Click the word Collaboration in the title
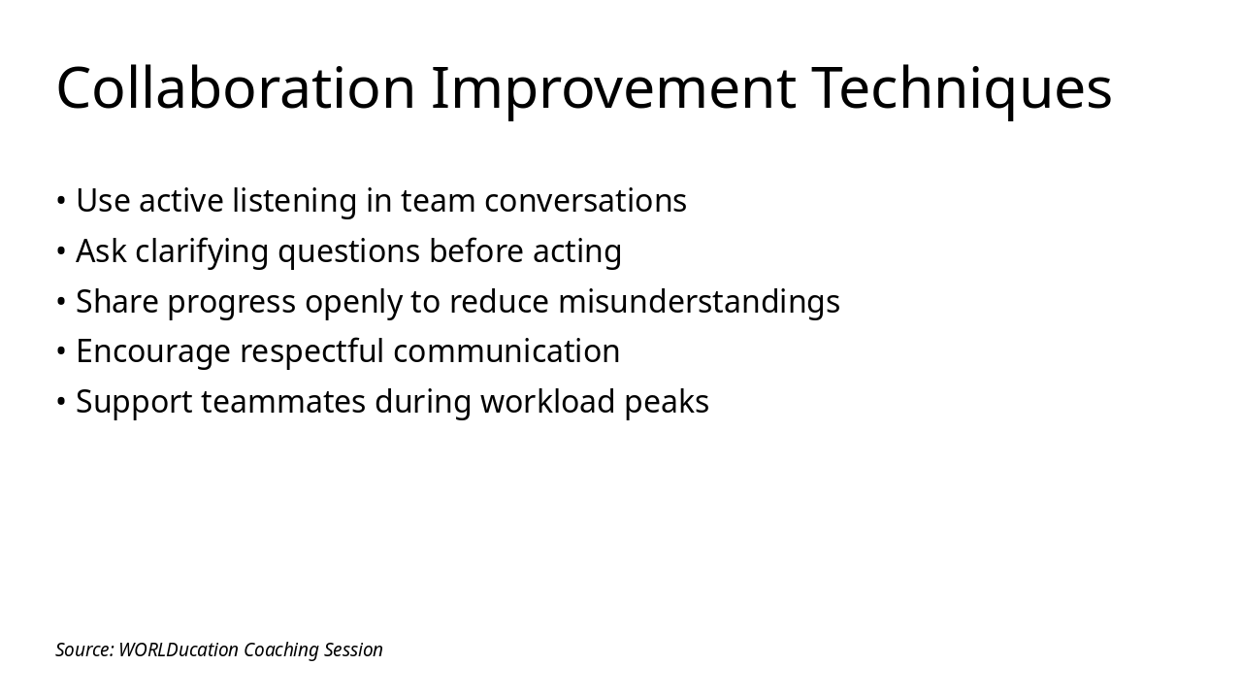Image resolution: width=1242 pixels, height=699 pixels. click(x=236, y=88)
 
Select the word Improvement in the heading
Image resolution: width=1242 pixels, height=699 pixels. click(x=613, y=88)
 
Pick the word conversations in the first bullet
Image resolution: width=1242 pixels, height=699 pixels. click(x=585, y=201)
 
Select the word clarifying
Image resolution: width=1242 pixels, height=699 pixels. click(x=202, y=251)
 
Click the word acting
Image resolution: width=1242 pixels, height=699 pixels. click(x=576, y=251)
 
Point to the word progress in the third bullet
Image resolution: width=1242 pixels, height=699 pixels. click(x=231, y=302)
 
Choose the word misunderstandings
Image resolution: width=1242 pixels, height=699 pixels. click(x=699, y=302)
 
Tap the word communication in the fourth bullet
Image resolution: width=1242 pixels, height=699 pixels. click(x=507, y=351)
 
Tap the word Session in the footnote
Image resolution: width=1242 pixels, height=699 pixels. click(x=353, y=650)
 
